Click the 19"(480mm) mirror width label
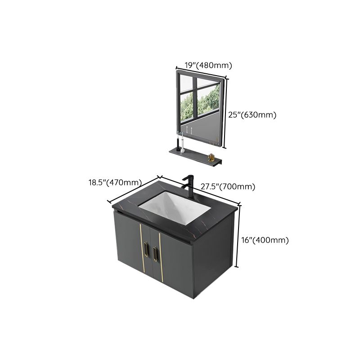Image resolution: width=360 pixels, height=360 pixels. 203,66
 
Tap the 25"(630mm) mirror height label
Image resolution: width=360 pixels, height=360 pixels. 252,115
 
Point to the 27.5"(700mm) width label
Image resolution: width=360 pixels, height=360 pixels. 234,186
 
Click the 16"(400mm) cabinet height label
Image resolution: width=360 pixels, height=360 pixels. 265,240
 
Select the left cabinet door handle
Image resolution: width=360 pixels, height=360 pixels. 145,251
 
